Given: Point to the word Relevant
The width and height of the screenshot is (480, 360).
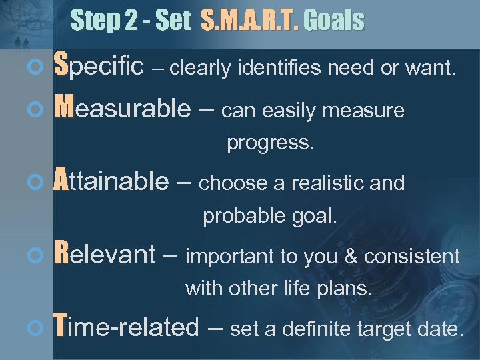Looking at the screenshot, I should [103, 254].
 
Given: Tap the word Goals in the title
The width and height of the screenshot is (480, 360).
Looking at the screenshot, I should [334, 21].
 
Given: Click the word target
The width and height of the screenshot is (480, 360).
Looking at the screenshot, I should [365, 328].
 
